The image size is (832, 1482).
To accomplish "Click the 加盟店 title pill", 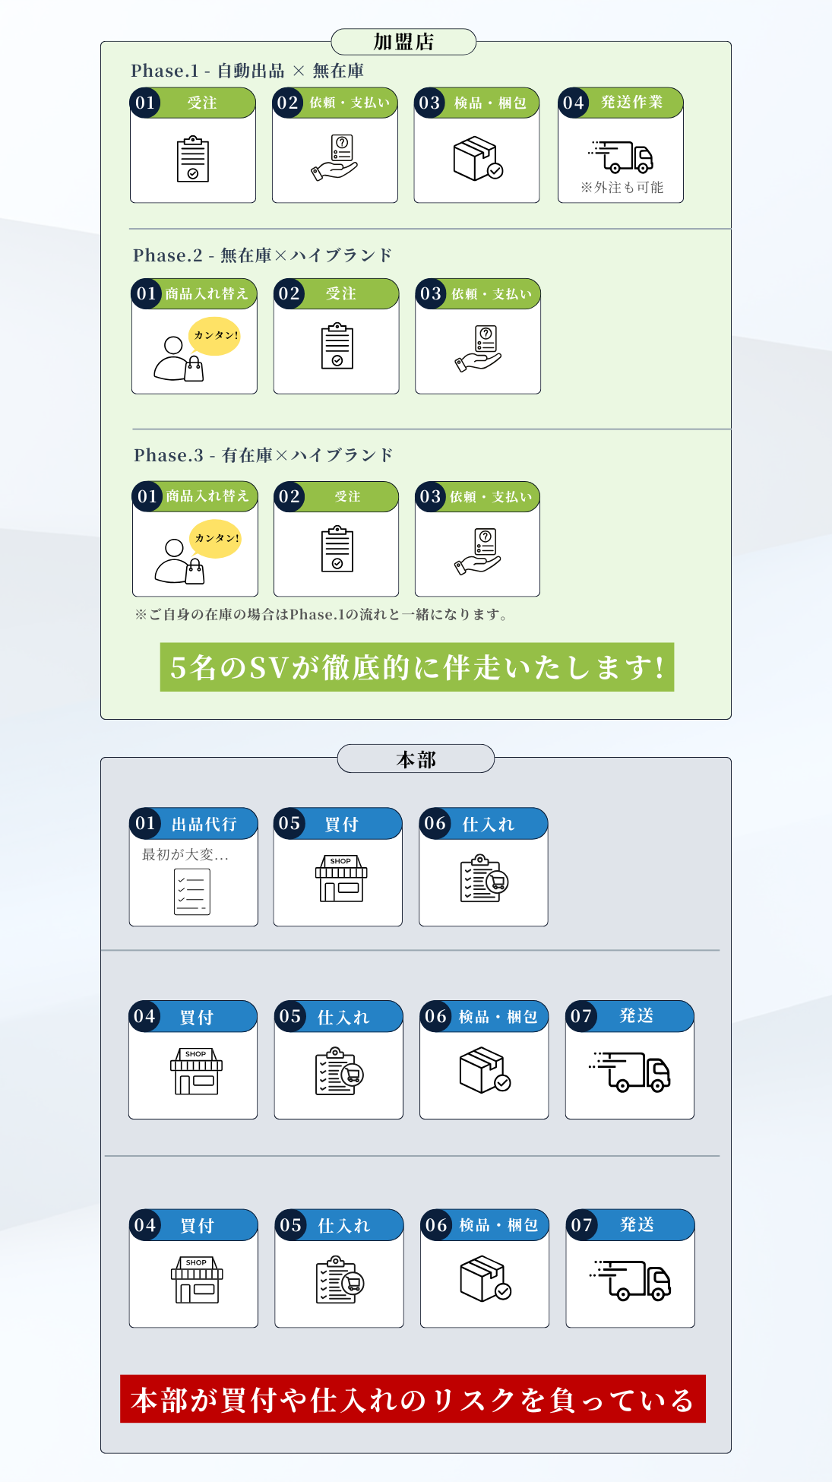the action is [403, 42].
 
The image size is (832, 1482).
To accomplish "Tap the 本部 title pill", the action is [416, 759].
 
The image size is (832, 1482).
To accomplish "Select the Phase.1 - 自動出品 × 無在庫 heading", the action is [247, 71].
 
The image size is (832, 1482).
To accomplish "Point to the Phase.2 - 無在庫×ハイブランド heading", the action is [262, 255].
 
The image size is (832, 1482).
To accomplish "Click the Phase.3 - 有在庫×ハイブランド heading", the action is [264, 455].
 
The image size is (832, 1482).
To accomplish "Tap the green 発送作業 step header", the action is [621, 103].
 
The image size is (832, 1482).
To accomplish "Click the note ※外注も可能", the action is [622, 188].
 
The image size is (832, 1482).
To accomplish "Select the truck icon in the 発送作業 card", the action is [621, 157].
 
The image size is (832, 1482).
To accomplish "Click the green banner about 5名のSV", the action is [417, 667].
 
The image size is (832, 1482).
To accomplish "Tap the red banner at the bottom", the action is [413, 1398].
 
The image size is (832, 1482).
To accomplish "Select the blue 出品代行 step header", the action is [194, 824].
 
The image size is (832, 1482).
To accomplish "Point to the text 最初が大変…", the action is [185, 855].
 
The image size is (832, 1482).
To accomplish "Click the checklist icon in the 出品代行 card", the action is [192, 891].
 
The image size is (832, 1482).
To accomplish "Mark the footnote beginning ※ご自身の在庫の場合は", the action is [321, 614].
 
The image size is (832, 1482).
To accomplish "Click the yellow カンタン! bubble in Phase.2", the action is [215, 335].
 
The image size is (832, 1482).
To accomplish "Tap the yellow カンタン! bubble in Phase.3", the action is [216, 538].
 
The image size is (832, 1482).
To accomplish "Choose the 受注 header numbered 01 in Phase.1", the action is [193, 103].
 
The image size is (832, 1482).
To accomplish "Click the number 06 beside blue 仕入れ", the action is [435, 824].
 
